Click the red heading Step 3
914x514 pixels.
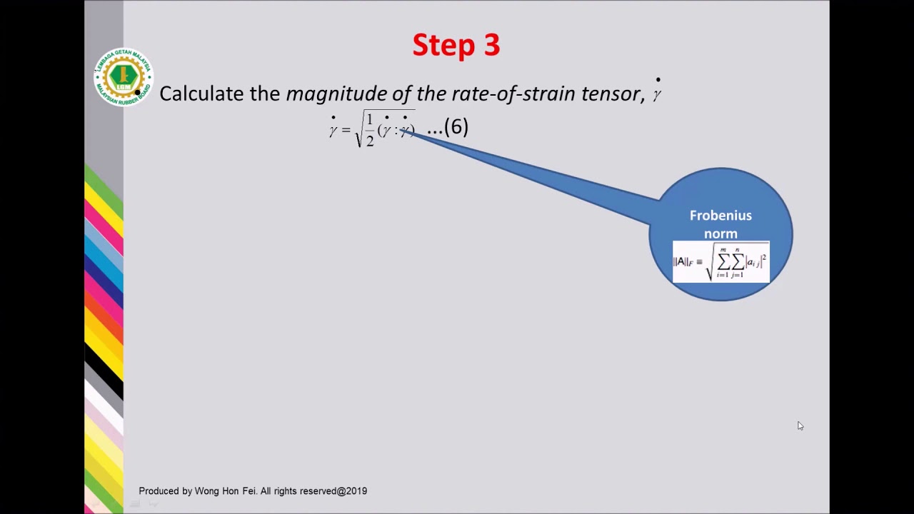click(456, 45)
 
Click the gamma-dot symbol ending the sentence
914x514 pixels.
click(657, 92)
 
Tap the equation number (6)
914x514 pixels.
click(456, 127)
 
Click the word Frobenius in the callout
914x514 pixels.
click(720, 216)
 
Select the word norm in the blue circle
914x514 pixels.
click(720, 233)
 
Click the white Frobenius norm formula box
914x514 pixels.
click(720, 262)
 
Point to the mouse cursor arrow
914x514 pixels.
click(800, 425)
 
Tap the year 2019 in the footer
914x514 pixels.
click(356, 491)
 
